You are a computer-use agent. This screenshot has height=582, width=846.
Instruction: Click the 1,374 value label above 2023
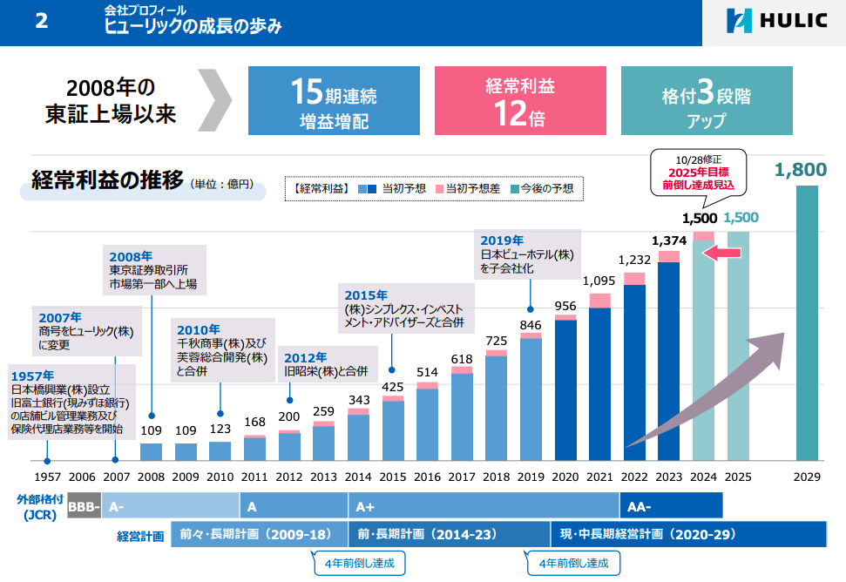coord(669,240)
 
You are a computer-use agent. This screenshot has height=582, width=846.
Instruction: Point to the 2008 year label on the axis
coord(151,477)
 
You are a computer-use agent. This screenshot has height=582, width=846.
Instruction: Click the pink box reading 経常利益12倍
coord(519,100)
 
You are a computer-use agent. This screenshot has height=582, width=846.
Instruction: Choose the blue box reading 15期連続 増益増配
coord(334,100)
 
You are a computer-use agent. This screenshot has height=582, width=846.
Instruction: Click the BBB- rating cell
coord(85,506)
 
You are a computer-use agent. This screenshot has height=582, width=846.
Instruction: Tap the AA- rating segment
coord(671,506)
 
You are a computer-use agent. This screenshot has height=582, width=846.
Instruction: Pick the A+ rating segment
coord(484,506)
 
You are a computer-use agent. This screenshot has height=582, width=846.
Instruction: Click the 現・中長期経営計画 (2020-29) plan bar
coord(688,534)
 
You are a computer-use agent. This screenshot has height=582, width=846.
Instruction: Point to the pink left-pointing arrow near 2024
coord(721,253)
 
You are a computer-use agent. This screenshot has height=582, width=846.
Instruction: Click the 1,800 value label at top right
coord(800,170)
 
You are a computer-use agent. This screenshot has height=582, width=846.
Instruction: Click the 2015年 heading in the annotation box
coord(366,295)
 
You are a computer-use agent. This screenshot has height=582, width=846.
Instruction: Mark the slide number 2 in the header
coord(41,22)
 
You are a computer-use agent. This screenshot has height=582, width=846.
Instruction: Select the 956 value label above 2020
coord(565,305)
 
